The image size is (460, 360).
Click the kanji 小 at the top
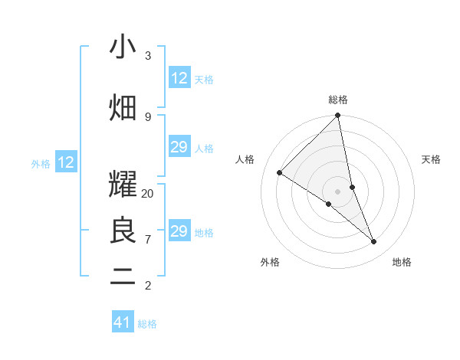[123, 47]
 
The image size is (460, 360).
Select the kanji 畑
[123, 107]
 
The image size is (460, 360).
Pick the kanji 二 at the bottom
[123, 277]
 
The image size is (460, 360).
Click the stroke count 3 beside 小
[147, 55]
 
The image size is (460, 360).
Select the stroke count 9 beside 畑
[147, 116]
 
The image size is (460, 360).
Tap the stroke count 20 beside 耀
[148, 194]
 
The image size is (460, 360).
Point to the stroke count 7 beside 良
[147, 240]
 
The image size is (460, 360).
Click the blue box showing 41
[123, 322]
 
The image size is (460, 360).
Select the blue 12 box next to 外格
[66, 162]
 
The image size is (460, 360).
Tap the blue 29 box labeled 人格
[179, 147]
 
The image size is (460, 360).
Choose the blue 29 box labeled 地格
[179, 231]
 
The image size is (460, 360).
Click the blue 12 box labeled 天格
[179, 78]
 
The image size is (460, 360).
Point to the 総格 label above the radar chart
[338, 100]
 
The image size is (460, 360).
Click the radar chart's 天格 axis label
[432, 159]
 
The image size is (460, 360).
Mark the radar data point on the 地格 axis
[374, 242]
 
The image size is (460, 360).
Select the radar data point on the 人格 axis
[280, 172]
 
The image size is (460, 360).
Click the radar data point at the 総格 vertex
[338, 116]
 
